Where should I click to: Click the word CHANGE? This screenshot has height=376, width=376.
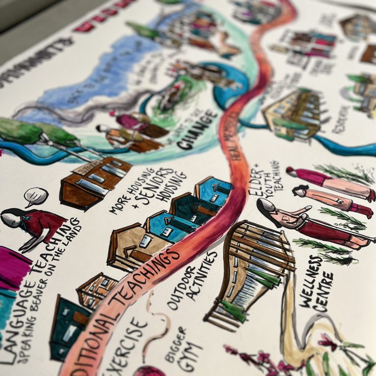tap(198, 129)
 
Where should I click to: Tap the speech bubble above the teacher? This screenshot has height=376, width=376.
tap(36, 197)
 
